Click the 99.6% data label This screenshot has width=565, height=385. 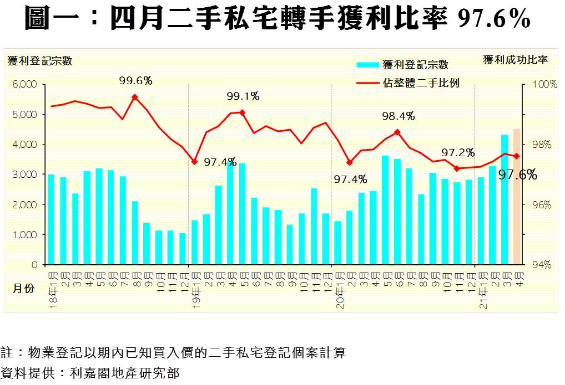[135, 81]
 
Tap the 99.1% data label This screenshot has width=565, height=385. [243, 96]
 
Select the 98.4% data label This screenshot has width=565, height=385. [398, 116]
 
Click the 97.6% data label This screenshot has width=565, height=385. [518, 176]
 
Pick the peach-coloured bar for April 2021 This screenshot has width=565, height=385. [517, 197]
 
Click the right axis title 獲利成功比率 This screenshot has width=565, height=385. [515, 60]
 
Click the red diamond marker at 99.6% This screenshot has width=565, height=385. [135, 97]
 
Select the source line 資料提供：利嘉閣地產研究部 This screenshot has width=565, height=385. [90, 372]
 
